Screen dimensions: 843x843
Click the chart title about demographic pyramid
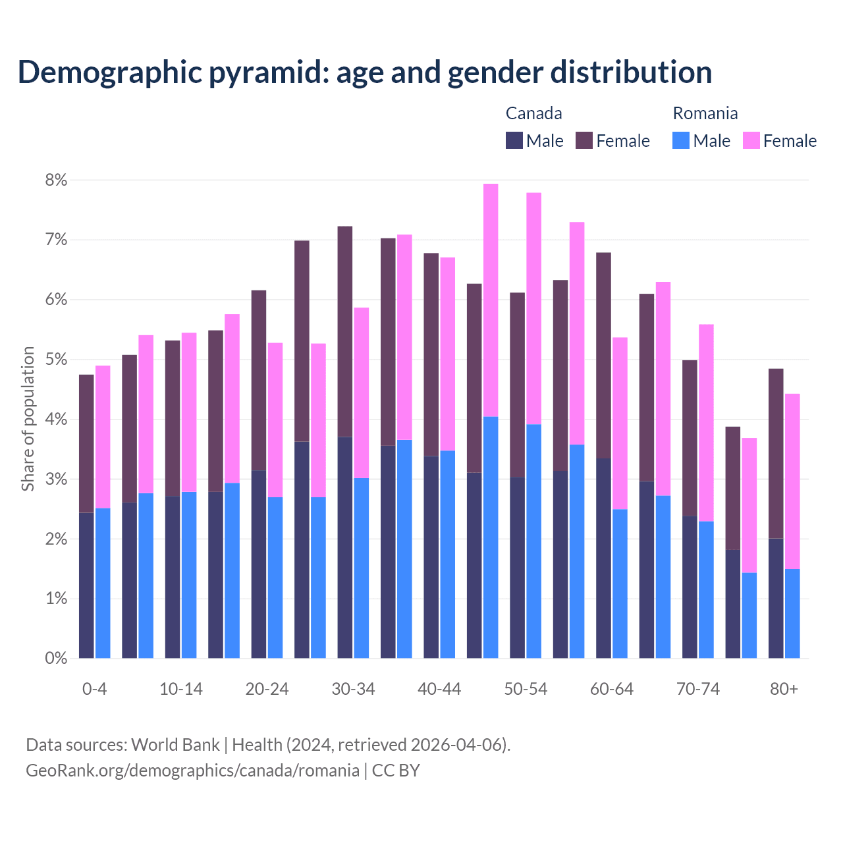(x=364, y=72)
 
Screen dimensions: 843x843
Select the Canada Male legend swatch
(x=514, y=140)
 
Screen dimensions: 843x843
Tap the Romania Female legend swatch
(x=751, y=140)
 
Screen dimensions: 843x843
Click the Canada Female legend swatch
(x=584, y=140)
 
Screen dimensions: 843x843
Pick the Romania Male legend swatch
(x=681, y=140)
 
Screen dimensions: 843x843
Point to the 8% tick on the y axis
(x=55, y=180)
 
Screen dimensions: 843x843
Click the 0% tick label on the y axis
(x=55, y=658)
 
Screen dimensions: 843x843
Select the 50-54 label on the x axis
(x=526, y=689)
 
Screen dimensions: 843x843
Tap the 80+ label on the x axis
(x=784, y=689)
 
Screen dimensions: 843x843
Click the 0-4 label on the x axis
(x=94, y=689)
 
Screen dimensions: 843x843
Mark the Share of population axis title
(x=28, y=419)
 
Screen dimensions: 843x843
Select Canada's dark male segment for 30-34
(x=344, y=547)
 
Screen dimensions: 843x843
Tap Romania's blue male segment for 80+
(x=792, y=613)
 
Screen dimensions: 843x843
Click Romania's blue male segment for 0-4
(x=103, y=583)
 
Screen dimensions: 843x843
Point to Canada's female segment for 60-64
(x=603, y=355)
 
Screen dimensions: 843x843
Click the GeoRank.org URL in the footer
(x=192, y=771)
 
